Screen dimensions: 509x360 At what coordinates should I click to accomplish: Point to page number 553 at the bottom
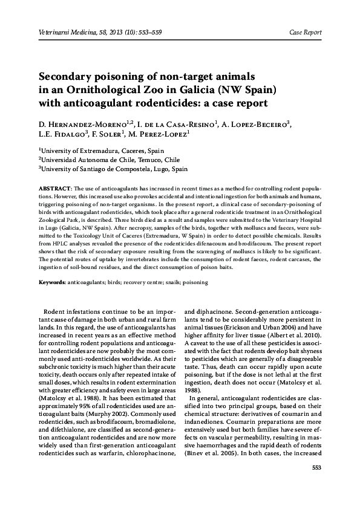pos(315,485)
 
